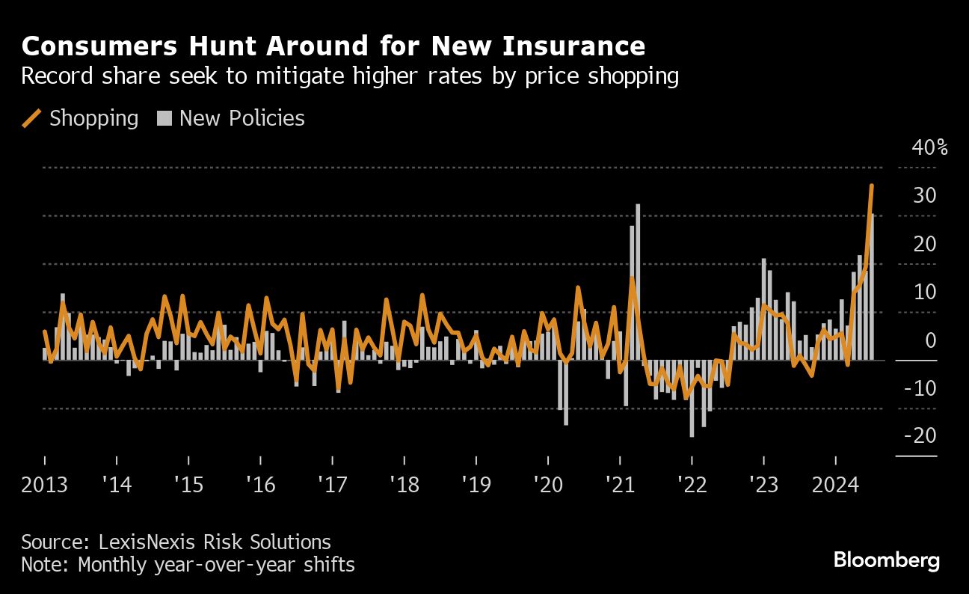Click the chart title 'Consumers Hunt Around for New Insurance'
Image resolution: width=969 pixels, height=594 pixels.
pos(333,46)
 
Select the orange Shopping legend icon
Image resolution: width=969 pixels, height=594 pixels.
pos(31,118)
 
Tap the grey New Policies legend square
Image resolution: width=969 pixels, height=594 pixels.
pos(164,118)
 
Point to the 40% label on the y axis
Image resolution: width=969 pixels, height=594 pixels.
pos(929,147)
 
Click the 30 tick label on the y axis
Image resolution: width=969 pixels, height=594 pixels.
pos(924,196)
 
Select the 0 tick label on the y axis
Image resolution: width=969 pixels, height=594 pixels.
pos(930,340)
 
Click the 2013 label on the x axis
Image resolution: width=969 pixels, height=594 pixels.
pos(44,485)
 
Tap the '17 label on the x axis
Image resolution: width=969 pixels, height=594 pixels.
pos(333,485)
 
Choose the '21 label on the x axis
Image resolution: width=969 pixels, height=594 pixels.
pos(621,485)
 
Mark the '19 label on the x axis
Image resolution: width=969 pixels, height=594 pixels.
pos(476,485)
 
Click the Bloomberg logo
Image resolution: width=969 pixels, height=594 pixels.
pos(886,560)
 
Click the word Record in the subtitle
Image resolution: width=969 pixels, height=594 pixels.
pos(52,77)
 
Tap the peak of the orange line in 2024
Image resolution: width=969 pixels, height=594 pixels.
pos(872,186)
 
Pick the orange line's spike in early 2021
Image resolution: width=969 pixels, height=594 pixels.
pos(632,278)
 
